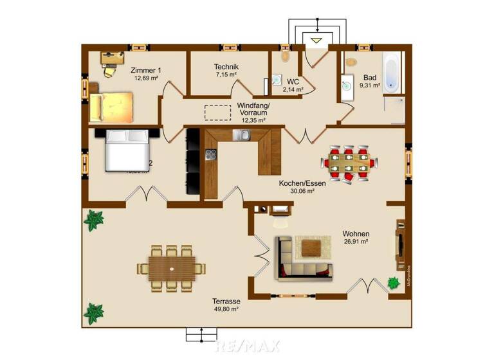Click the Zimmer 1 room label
pos(146,70)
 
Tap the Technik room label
pos(226,67)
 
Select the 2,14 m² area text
pos(293,89)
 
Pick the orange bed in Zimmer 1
pos(111,107)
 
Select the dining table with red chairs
pos(348,163)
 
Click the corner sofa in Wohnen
pos(303,258)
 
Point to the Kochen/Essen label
pos(302,183)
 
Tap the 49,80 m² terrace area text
pos(226,309)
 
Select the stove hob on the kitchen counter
pos(211,154)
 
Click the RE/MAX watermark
pos(248,346)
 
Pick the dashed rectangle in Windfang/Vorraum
pos(217,112)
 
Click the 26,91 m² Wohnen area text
pos(355,242)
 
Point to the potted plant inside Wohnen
pos(392,282)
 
